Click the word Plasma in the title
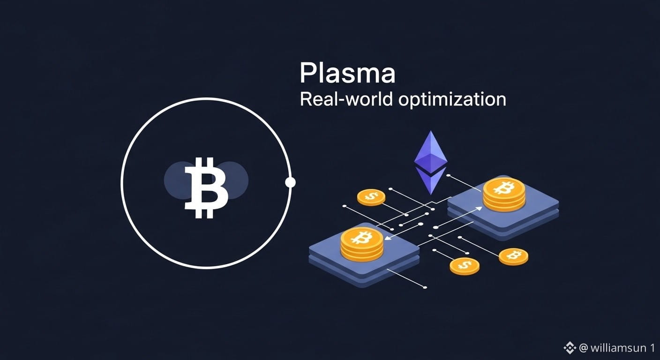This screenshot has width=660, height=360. click(347, 74)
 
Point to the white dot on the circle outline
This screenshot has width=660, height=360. click(290, 182)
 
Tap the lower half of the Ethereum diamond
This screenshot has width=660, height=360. click(430, 180)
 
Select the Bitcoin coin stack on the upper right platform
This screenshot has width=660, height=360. click(504, 194)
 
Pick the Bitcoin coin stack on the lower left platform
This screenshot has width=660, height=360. click(361, 244)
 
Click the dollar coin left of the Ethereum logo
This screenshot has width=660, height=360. click(371, 197)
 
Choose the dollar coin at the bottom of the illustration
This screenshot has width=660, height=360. click(464, 266)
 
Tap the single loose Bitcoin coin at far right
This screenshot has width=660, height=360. click(513, 256)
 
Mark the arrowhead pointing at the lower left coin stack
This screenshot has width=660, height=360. click(387, 239)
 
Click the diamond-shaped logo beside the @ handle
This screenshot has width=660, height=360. click(570, 348)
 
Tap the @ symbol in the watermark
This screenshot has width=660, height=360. click(583, 348)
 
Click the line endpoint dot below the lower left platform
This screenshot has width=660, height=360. click(425, 287)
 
